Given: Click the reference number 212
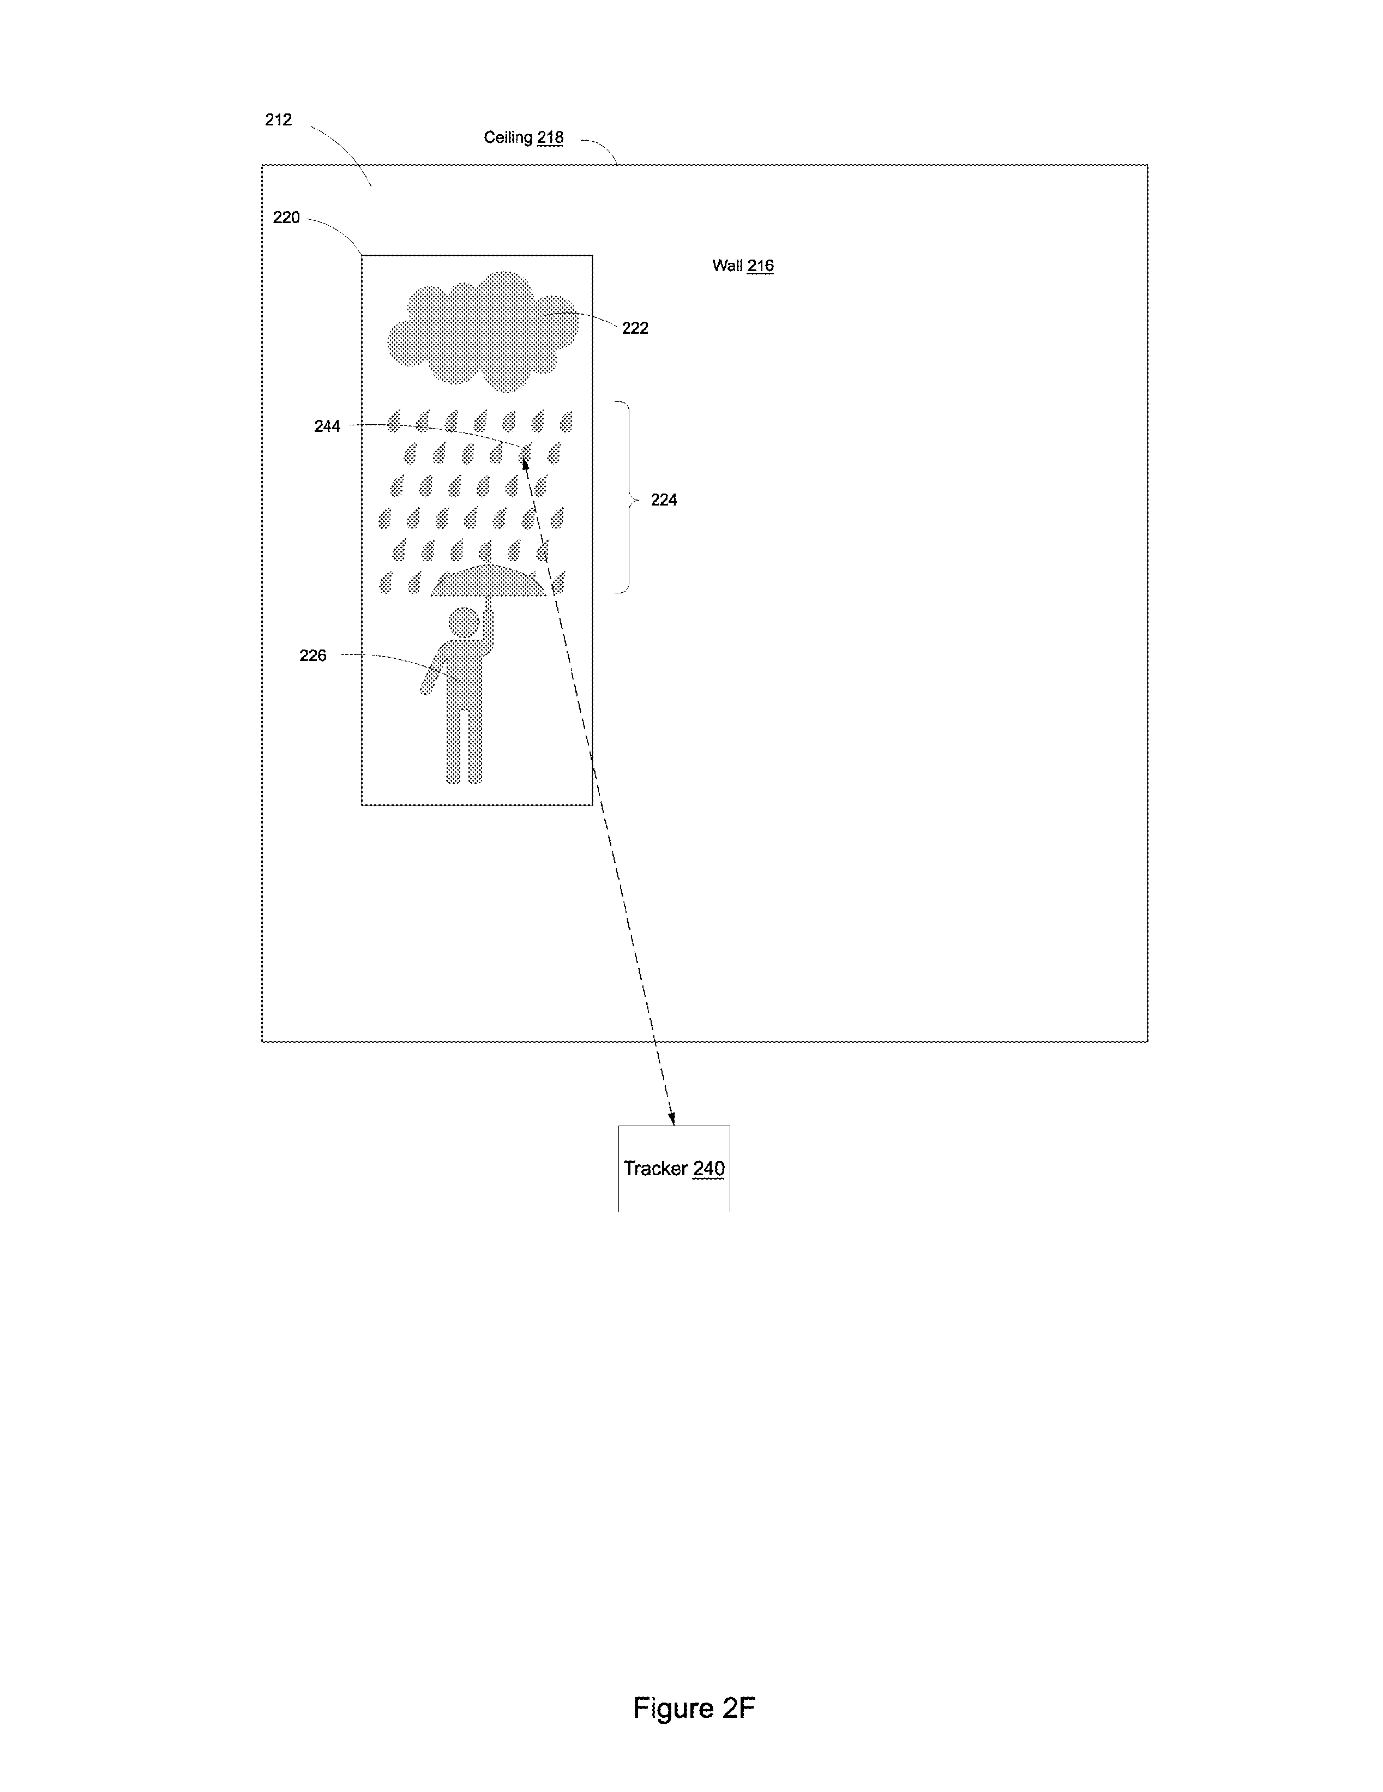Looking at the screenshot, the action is [278, 120].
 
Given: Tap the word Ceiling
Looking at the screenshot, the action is [508, 137].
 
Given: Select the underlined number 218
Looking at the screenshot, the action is [550, 137].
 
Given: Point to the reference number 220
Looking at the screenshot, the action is [286, 218].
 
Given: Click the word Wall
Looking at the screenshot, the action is [727, 265].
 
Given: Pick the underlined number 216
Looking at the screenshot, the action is [760, 265].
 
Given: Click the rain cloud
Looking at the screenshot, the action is [483, 330].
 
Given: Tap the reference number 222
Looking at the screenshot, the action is [635, 328].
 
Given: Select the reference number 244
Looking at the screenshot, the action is [327, 426].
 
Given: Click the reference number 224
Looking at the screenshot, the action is [664, 500].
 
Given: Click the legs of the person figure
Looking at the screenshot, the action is [464, 745].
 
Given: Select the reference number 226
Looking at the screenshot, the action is [312, 656].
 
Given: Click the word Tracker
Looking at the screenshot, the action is [656, 1169].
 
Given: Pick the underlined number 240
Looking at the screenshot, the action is [709, 1169].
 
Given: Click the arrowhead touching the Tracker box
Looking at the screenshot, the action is [672, 1117].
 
